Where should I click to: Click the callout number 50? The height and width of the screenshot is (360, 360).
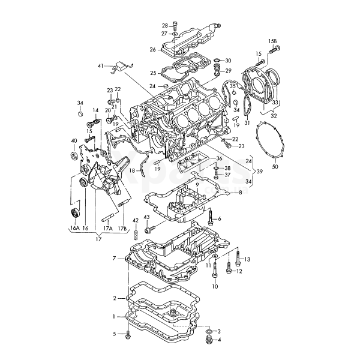pos(275,166)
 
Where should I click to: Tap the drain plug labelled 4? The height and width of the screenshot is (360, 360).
pos(209,340)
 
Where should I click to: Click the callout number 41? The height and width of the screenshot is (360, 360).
pos(100,66)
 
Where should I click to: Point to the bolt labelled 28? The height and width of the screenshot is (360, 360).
pos(175,26)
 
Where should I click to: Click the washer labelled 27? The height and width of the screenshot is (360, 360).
pos(175,34)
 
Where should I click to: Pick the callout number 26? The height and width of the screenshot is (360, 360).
pos(152,50)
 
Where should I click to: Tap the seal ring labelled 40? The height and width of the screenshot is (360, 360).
pos(74,155)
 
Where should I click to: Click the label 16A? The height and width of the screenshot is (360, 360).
pos(74,228)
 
